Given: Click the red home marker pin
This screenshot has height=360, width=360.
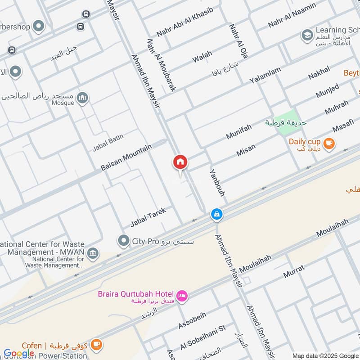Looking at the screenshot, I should pos(180,162).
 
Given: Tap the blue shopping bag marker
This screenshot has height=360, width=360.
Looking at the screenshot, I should pos(217,215).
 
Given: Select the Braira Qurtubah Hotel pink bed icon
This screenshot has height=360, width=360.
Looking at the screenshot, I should pos(182,296).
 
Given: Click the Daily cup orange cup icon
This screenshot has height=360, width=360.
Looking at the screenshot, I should pos(329,143).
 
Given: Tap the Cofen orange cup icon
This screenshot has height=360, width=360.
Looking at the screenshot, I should pos(96,345).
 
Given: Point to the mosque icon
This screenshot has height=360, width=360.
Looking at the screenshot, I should pos(82,98).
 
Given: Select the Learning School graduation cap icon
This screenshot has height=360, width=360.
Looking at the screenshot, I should pos(307,35).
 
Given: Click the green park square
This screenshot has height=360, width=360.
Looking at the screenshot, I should pos(287,122).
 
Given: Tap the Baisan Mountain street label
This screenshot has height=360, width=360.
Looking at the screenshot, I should pos(126,157).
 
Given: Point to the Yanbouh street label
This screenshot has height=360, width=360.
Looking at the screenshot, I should pos(217,183).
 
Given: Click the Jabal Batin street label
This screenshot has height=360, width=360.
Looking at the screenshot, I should pos(108,141).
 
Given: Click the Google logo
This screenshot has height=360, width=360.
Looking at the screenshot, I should pos(19,353).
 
